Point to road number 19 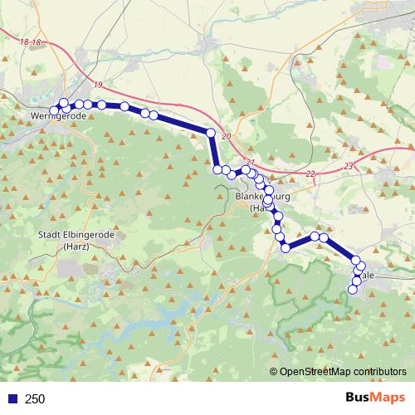99,85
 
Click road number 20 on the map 227,135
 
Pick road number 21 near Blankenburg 251,163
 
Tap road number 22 310,173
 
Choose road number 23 348,167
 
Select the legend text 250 35,399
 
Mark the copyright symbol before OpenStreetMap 275,372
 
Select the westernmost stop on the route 55,110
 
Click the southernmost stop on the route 353,289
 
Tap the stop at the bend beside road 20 211,133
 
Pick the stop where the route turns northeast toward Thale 286,247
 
